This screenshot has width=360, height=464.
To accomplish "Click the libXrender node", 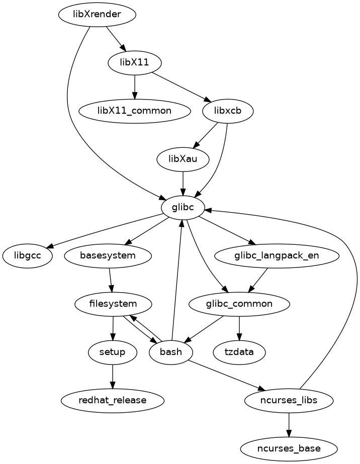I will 97,15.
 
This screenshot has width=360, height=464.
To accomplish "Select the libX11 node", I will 135,63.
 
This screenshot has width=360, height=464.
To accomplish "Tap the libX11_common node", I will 135,111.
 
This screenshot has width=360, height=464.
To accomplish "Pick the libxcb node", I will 227,111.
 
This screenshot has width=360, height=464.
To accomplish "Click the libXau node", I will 183,159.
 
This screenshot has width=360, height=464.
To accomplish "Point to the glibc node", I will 183,207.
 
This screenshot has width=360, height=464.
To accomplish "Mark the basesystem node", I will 108,255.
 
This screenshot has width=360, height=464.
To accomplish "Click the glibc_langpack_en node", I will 277,255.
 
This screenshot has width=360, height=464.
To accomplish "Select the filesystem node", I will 113,304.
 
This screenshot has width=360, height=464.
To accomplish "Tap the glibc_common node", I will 239,304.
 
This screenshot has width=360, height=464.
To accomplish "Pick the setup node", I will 113,352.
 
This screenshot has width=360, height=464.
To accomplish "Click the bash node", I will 171,352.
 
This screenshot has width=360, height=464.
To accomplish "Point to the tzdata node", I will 239,352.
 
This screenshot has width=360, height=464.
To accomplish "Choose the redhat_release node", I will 113,400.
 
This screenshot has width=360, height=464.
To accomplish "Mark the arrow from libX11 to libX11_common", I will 135,86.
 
